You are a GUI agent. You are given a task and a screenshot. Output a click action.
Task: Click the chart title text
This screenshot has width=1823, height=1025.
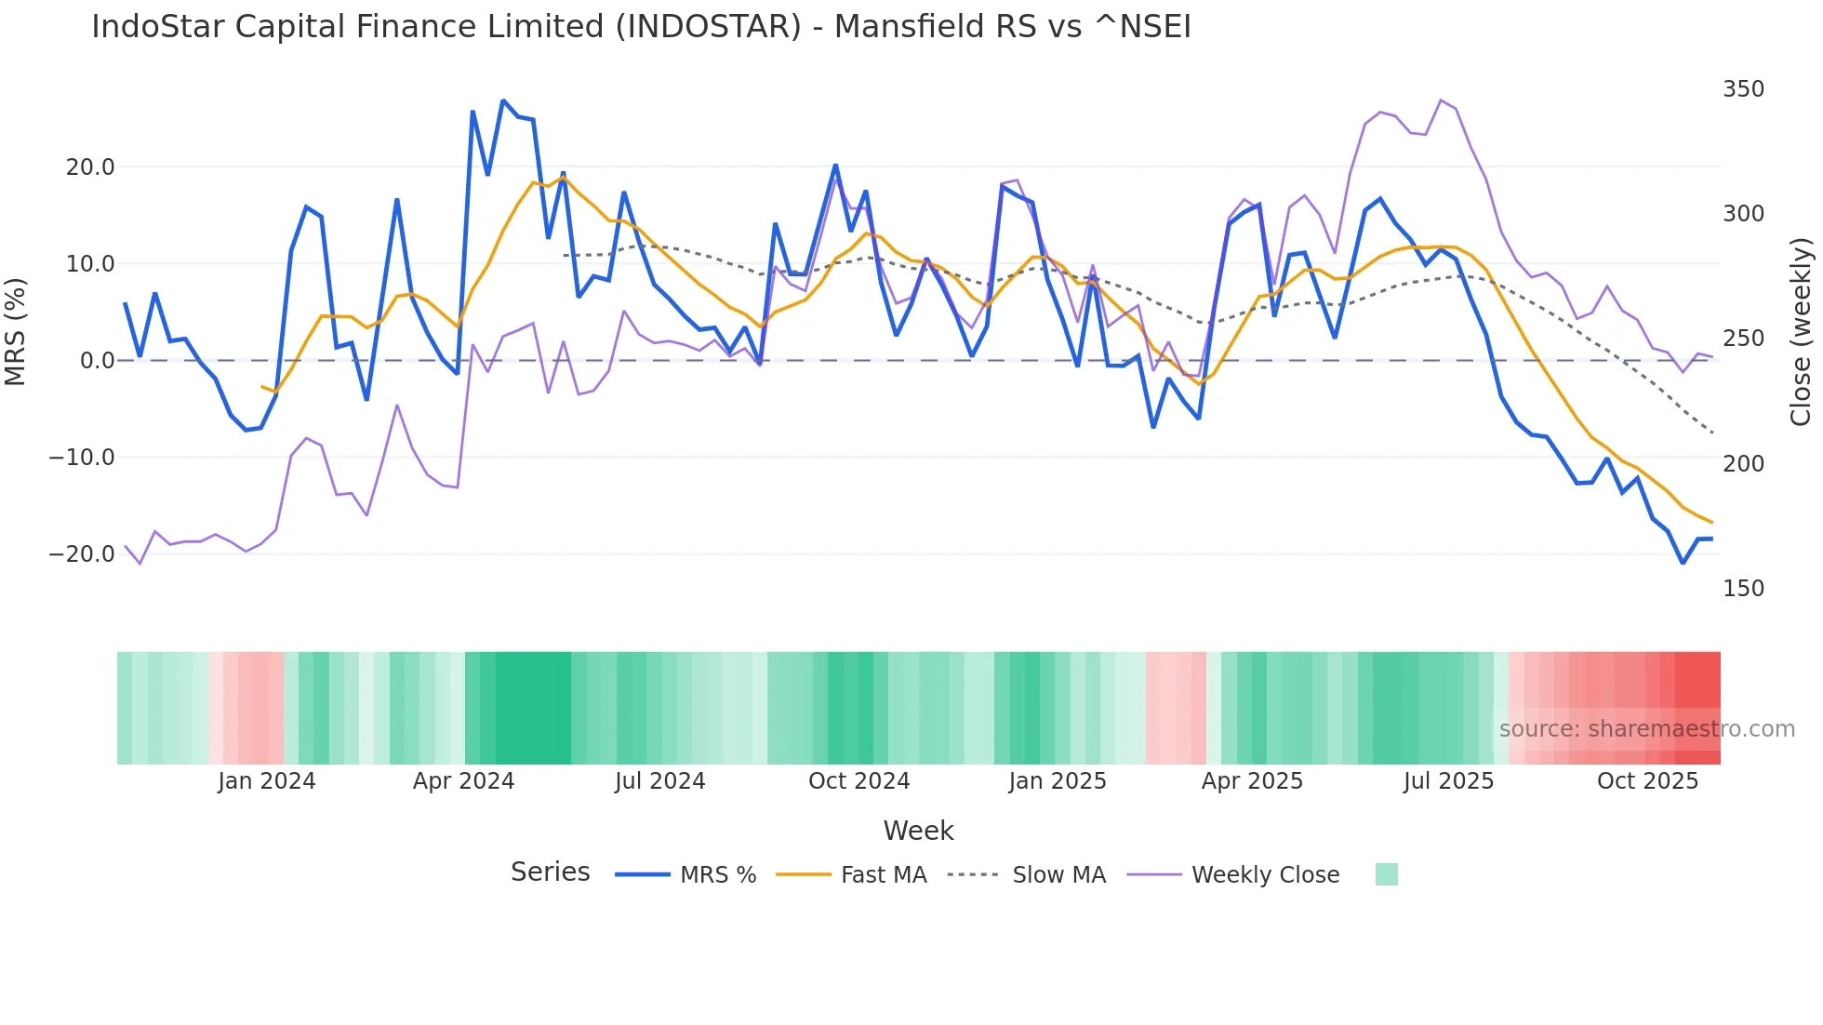641,27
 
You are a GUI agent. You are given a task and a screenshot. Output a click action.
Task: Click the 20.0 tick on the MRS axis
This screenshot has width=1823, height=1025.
89,167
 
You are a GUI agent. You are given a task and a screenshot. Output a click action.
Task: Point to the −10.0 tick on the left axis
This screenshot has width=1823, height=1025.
82,458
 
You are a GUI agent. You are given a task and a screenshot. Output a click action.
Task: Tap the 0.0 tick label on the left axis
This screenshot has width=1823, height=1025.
97,361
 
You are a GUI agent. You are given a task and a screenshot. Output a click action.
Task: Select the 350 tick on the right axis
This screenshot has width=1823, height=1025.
1743,89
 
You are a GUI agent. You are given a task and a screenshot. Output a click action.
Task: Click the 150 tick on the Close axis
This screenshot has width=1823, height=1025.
1743,589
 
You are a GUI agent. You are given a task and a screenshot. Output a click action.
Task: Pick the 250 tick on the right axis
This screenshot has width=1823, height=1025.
1743,339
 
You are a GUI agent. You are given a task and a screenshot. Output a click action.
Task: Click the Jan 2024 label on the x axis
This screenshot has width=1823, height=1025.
267,781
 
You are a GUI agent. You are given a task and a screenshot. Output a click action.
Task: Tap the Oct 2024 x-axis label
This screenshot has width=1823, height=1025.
858,781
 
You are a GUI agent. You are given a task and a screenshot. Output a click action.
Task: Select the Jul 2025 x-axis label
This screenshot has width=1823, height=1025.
1448,781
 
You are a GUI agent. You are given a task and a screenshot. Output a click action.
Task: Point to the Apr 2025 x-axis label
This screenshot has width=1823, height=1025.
1252,781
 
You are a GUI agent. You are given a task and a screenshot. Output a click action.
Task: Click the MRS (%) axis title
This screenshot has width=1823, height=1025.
16,331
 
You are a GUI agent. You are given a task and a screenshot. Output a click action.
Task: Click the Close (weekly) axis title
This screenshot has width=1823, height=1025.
1801,332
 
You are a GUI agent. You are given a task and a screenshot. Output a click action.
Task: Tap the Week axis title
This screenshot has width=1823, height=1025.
918,831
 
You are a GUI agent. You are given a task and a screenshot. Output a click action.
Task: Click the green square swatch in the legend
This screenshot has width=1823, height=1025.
1386,875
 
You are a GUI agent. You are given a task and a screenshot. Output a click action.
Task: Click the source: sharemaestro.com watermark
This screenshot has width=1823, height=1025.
1646,729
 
